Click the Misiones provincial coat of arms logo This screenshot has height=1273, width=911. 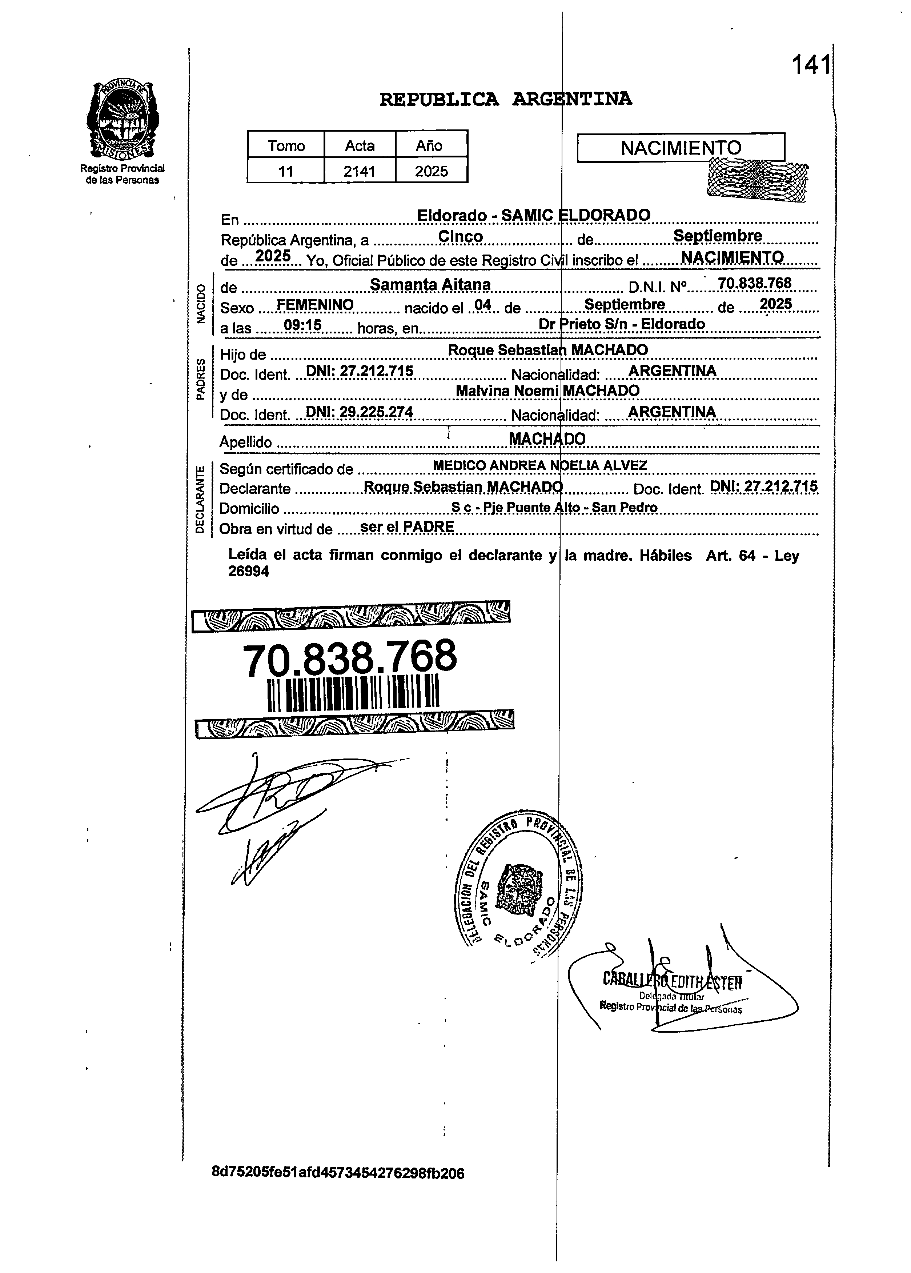pyautogui.click(x=123, y=120)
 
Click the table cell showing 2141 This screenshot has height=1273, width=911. pyautogui.click(x=360, y=171)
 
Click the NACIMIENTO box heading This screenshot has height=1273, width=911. pyautogui.click(x=681, y=148)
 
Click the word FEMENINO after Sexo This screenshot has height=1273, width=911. pyautogui.click(x=315, y=305)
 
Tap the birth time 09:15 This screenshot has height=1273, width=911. pyautogui.click(x=302, y=325)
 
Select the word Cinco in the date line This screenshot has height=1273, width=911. pyautogui.click(x=461, y=236)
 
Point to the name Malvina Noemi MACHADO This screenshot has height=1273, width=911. pyautogui.click(x=547, y=391)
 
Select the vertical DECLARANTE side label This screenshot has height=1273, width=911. pyautogui.click(x=199, y=499)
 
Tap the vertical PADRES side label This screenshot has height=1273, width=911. pyautogui.click(x=199, y=379)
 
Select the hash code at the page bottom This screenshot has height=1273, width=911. pyautogui.click(x=338, y=1173)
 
